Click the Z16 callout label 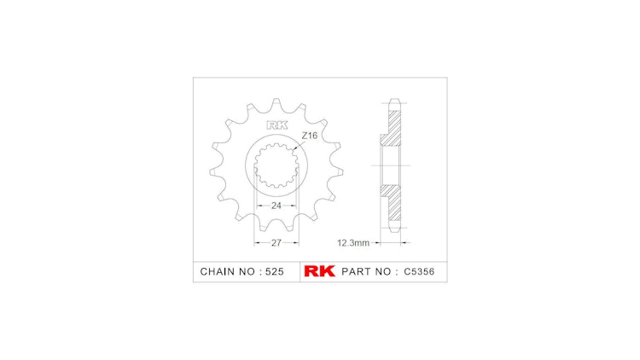[x=309, y=136]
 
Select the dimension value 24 [x=276, y=206]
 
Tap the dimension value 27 [x=276, y=243]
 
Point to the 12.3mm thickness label [x=353, y=243]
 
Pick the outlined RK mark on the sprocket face [x=276, y=125]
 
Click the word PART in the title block [x=357, y=271]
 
